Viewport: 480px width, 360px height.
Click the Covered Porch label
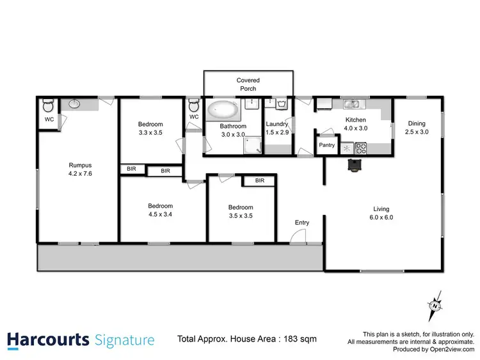[x=248, y=84]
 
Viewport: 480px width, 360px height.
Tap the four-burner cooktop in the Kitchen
[x=360, y=148]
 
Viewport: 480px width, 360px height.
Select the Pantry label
[x=327, y=145]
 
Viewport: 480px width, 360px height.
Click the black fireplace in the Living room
[x=354, y=166]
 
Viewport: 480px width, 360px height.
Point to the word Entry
[x=302, y=223]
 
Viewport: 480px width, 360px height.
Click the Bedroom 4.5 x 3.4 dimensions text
[x=160, y=214]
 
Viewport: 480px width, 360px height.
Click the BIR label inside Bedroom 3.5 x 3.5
[x=260, y=181]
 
